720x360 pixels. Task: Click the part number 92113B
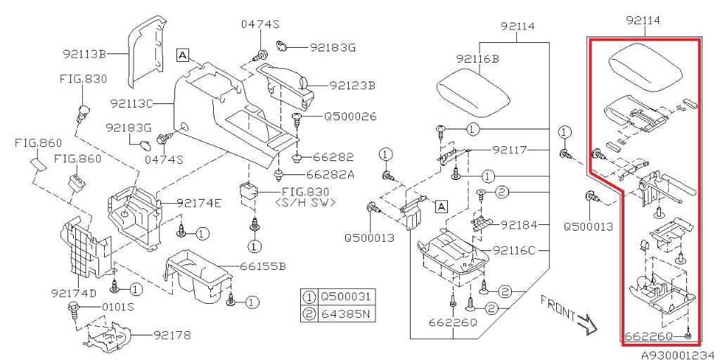(85, 54)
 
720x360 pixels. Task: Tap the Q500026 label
(350, 117)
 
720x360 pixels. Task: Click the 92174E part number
(199, 203)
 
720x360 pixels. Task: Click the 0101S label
(120, 307)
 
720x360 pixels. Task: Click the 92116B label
(477, 59)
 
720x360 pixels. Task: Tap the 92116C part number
(515, 251)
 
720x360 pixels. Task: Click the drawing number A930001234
(681, 354)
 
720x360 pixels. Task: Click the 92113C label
(131, 104)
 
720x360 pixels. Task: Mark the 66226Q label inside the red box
(649, 337)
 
